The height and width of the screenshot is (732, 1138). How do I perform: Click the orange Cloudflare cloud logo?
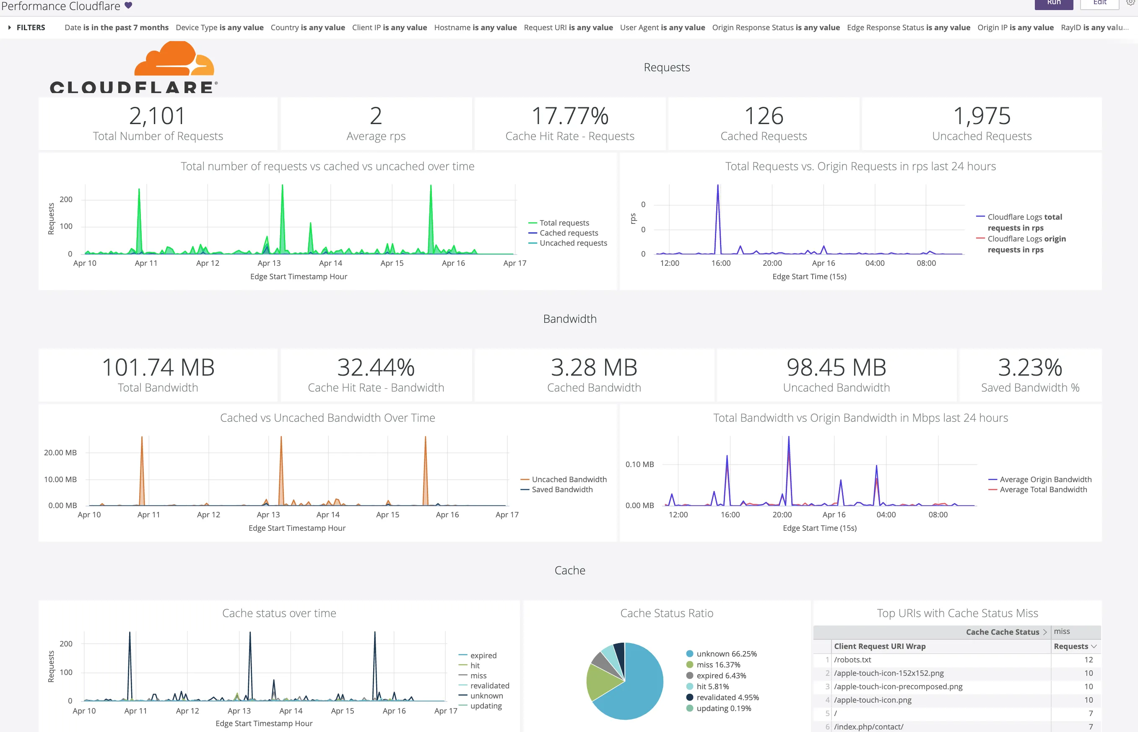[x=174, y=59]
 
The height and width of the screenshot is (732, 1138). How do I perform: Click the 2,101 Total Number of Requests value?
[x=157, y=116]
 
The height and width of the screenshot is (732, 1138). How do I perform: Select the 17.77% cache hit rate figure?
[x=569, y=116]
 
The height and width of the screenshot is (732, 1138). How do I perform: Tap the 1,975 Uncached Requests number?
[x=982, y=116]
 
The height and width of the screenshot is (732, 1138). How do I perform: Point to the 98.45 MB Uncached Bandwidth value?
[x=836, y=367]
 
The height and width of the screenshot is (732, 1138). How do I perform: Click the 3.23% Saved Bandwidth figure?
[x=1030, y=367]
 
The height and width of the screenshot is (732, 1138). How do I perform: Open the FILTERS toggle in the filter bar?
[x=26, y=28]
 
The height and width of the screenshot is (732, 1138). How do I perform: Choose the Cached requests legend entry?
[x=568, y=233]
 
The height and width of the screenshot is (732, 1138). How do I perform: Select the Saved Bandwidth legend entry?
[x=561, y=490]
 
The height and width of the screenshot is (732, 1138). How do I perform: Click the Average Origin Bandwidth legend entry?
[x=1045, y=479]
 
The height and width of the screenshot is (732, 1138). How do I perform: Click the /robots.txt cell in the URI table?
[x=852, y=660]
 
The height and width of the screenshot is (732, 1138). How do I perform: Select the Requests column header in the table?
[x=1071, y=646]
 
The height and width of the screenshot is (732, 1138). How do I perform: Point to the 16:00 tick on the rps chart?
[x=721, y=263]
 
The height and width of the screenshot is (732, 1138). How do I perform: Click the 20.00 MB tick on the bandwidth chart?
[x=60, y=452]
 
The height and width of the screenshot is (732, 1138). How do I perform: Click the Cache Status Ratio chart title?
[x=666, y=613]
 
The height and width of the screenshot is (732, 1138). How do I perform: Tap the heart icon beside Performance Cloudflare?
[x=128, y=6]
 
